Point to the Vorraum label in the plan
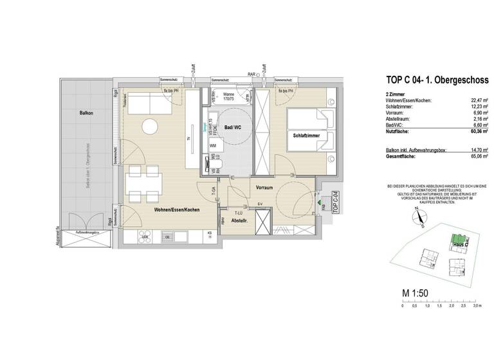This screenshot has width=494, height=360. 265,188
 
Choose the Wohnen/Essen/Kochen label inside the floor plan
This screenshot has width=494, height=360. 176,210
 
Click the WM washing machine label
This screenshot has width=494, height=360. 213,147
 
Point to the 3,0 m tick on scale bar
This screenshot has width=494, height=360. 475,307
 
